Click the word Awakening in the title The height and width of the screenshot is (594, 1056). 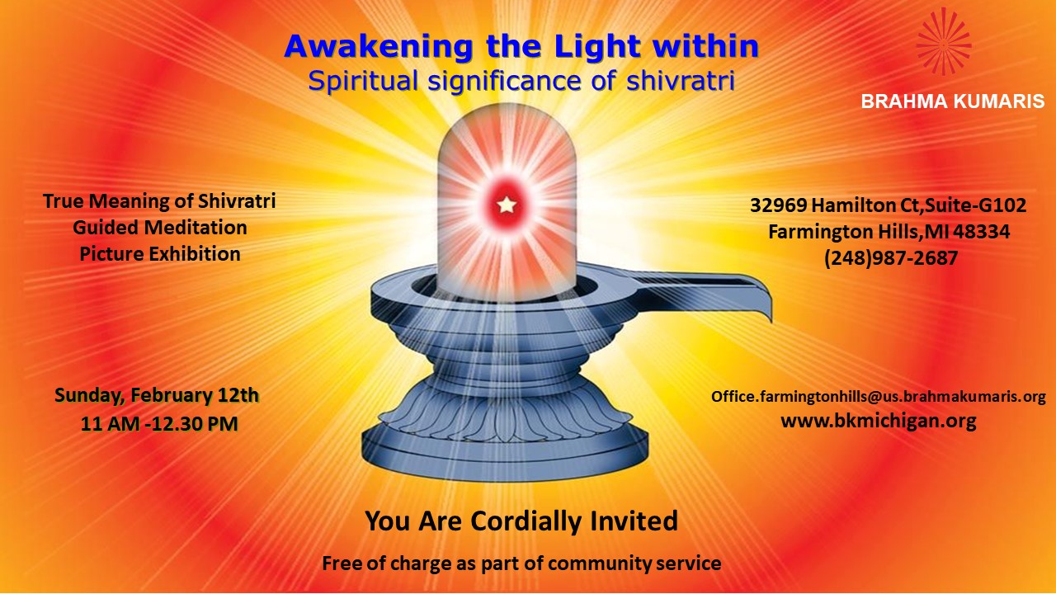click(x=379, y=48)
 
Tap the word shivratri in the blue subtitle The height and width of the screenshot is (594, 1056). click(x=681, y=81)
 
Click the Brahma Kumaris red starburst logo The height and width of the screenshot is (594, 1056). click(x=944, y=41)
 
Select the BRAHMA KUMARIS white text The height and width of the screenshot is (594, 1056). click(x=953, y=101)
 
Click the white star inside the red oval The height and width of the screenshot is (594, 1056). click(x=507, y=205)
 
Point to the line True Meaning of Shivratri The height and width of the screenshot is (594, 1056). click(x=159, y=201)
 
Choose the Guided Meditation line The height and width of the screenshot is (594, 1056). click(x=160, y=228)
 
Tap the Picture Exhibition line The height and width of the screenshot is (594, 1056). click(x=160, y=254)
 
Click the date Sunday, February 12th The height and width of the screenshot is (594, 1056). click(x=157, y=395)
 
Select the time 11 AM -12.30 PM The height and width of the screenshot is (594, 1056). click(x=159, y=424)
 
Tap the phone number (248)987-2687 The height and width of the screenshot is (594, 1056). click(x=891, y=258)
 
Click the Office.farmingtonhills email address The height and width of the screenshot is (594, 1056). click(x=879, y=397)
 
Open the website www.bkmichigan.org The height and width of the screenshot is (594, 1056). click(x=879, y=421)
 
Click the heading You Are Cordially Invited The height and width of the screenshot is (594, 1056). click(x=521, y=521)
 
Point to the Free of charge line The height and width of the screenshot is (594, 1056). click(x=521, y=563)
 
